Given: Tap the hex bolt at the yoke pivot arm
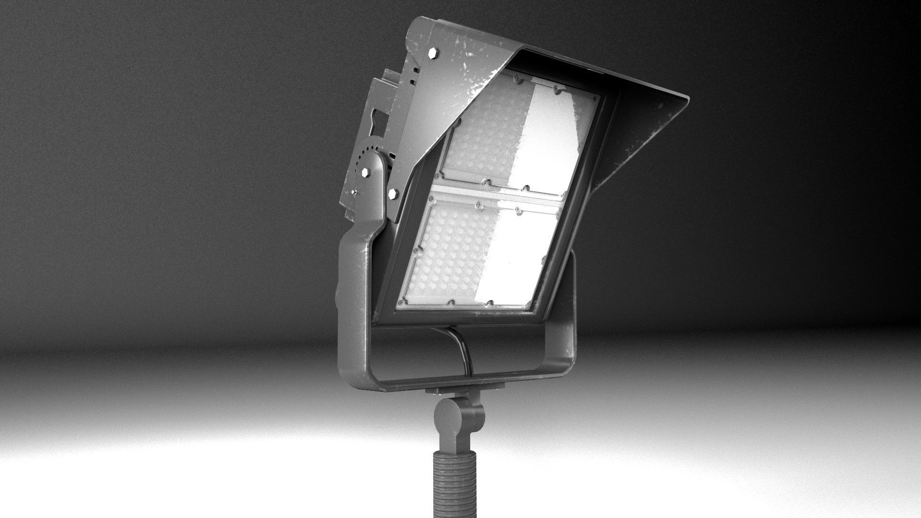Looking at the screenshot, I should [366, 172].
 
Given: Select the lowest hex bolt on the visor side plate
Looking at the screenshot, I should [393, 194].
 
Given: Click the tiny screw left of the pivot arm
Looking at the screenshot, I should [354, 192].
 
